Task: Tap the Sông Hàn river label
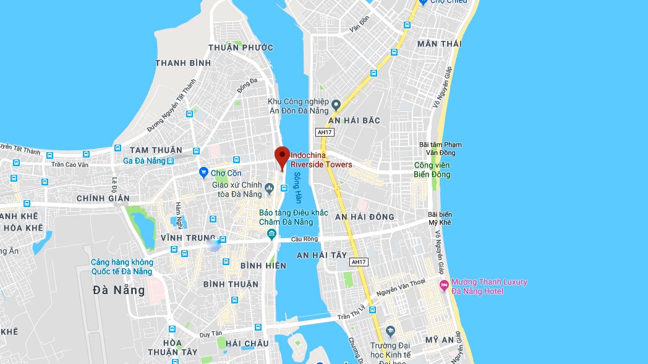click(297, 188)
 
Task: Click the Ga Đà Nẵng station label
click(145, 161)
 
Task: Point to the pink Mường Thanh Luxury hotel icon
click(443, 285)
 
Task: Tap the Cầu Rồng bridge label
click(306, 239)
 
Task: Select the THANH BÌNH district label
click(183, 63)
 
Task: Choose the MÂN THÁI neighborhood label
click(439, 44)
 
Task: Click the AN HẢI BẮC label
click(354, 120)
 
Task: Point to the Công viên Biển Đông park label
click(432, 169)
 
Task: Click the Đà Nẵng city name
click(119, 290)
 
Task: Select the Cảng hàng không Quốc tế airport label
click(122, 266)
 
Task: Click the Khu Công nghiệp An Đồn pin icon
click(336, 103)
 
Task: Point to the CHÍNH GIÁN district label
click(103, 198)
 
